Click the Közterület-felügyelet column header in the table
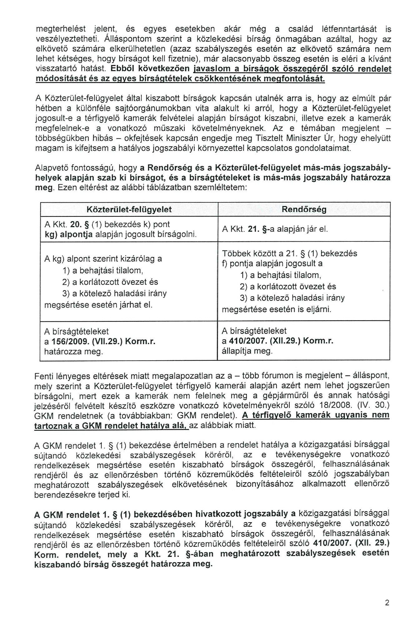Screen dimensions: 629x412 tap(129, 209)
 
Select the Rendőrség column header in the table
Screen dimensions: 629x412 tap(304, 209)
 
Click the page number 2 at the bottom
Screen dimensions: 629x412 tap(387, 603)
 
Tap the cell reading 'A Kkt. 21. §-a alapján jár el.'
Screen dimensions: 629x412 tap(275, 229)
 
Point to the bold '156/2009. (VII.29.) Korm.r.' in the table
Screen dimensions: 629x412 tap(100, 341)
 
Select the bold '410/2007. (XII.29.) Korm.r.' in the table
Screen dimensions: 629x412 tap(277, 341)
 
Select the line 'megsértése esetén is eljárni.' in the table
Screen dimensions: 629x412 tap(276, 310)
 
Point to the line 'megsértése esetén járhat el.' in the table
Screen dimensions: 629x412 tap(98, 305)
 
